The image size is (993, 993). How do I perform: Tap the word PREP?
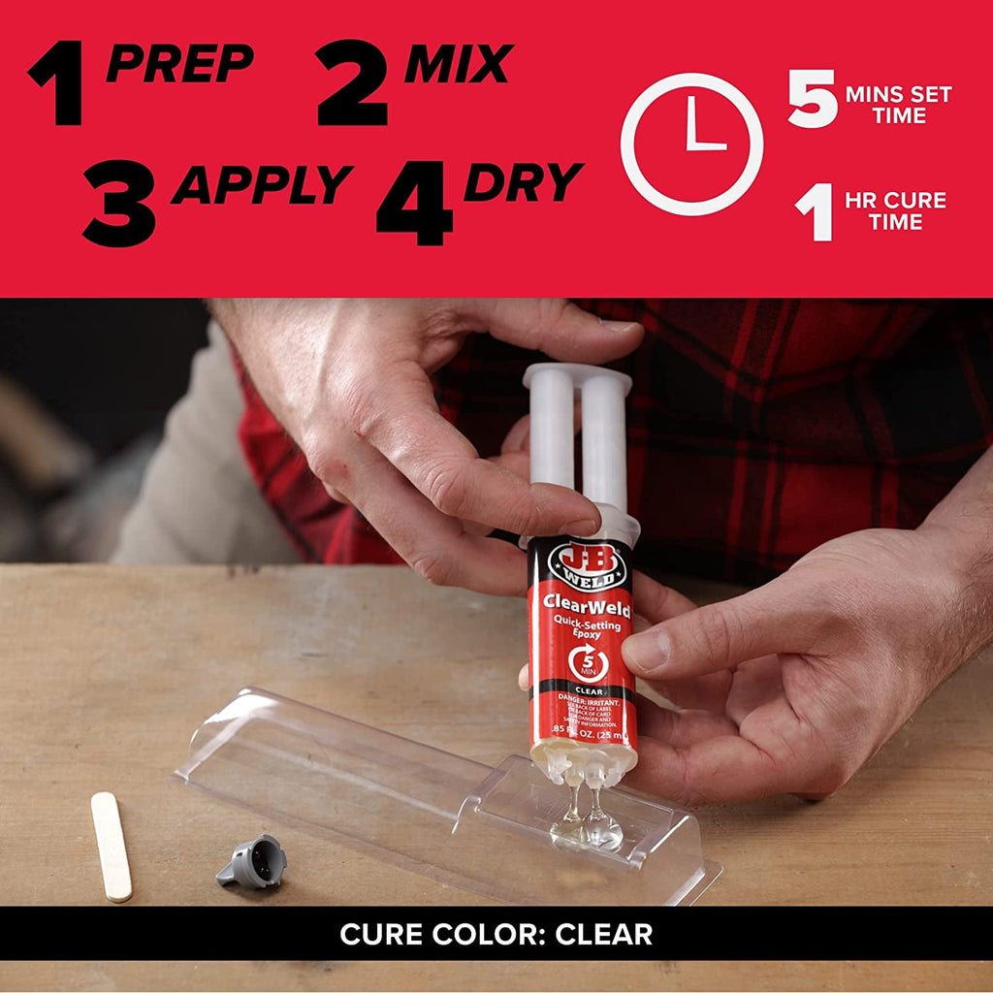[180, 64]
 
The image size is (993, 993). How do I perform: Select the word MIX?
[458, 64]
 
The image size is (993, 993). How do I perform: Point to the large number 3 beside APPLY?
[118, 203]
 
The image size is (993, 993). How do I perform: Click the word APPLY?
[262, 184]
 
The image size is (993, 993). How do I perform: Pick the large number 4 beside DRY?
[414, 203]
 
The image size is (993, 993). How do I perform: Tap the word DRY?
[524, 182]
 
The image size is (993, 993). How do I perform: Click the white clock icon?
[691, 144]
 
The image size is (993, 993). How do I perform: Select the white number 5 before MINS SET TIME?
[812, 98]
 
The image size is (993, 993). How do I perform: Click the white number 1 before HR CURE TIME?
[815, 212]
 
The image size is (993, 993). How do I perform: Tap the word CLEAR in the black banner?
[603, 934]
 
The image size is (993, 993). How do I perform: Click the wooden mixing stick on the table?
[112, 846]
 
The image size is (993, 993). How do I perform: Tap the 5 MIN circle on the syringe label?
[589, 663]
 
